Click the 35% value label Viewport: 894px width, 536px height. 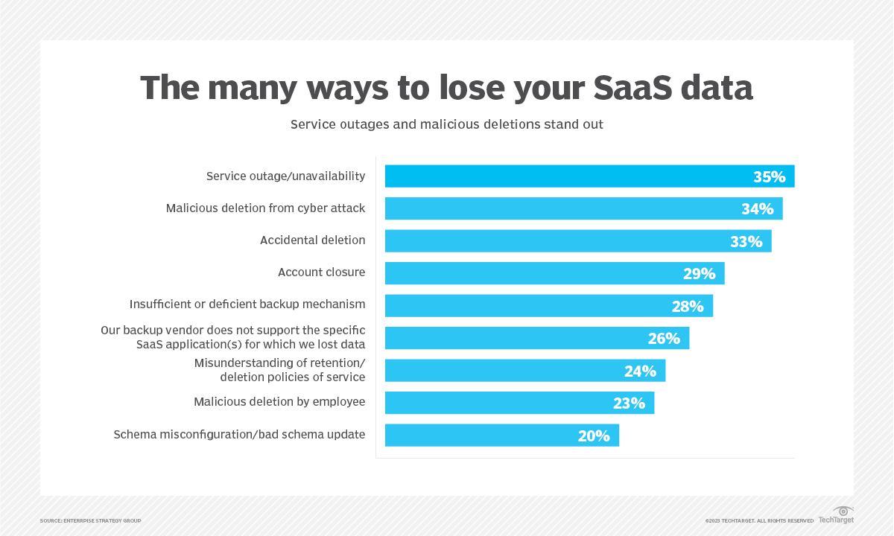(x=769, y=177)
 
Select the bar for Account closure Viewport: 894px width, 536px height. (x=554, y=273)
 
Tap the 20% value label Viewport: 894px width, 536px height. (x=594, y=435)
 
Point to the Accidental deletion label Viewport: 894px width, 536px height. (x=312, y=240)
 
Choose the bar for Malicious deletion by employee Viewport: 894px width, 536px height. (x=519, y=403)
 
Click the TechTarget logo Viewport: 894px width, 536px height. (x=837, y=515)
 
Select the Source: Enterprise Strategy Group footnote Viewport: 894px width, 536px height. (x=90, y=520)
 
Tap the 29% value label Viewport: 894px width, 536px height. (x=699, y=274)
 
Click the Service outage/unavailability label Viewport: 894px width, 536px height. (x=285, y=176)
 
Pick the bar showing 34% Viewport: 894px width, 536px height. (x=583, y=208)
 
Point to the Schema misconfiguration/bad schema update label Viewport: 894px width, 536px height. (x=239, y=434)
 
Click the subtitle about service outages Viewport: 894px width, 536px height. (x=447, y=124)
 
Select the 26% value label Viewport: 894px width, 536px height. (x=664, y=339)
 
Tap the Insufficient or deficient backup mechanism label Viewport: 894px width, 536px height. (x=247, y=304)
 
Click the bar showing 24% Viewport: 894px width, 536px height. (x=524, y=371)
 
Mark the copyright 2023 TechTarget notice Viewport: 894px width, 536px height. (x=759, y=520)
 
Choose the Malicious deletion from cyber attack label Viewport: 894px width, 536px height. (x=265, y=208)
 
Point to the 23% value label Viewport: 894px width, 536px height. (x=629, y=403)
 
